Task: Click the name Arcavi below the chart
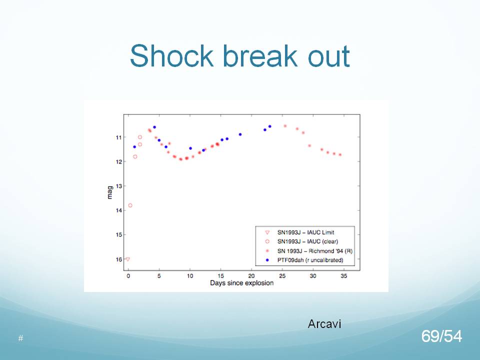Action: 324,324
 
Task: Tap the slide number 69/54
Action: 441,336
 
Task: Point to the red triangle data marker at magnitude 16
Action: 128,259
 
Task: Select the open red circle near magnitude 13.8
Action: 130,205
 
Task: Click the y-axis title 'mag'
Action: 110,192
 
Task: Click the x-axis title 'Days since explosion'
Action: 241,283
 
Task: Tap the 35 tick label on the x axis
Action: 344,276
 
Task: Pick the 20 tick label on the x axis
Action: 251,276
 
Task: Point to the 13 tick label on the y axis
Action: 119,186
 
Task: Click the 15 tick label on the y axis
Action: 119,235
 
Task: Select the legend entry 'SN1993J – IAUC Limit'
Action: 305,232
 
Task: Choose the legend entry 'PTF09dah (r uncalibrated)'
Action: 310,260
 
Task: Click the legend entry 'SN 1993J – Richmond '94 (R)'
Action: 314,251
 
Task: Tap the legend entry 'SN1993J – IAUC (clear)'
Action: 307,241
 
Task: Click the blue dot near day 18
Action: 240,134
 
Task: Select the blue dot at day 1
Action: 134,147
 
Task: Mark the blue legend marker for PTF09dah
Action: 267,260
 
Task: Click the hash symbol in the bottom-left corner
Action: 20,338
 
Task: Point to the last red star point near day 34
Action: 340,154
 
